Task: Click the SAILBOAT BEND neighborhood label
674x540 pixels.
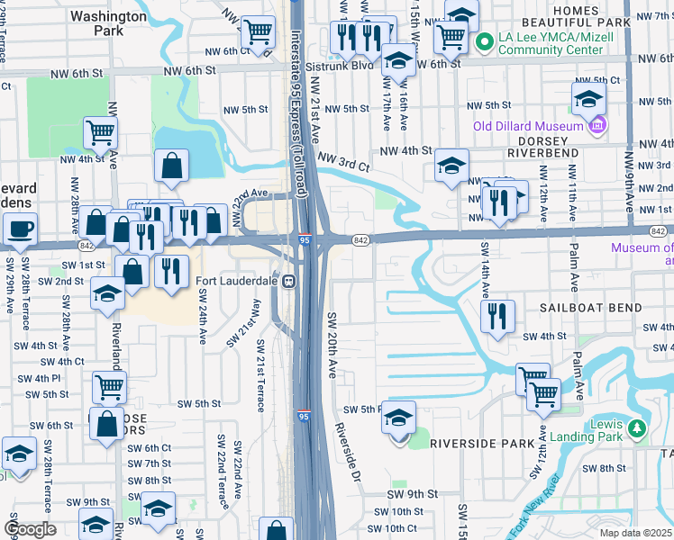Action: click(590, 308)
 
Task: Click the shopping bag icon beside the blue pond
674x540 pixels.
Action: click(170, 166)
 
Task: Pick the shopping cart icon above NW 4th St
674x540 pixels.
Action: click(101, 132)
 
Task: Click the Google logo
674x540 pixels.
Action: click(30, 529)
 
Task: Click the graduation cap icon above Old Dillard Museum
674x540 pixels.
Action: click(588, 98)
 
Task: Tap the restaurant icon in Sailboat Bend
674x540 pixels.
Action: click(497, 315)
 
